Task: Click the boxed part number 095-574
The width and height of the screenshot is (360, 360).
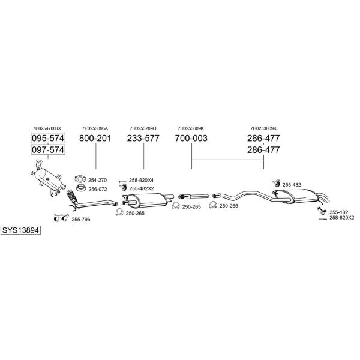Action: click(x=48, y=138)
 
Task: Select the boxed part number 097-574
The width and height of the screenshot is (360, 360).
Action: click(x=48, y=150)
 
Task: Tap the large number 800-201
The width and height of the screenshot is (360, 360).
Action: click(x=95, y=138)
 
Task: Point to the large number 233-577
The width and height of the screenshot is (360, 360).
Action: click(x=143, y=138)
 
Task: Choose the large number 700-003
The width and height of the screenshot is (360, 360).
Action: click(x=191, y=138)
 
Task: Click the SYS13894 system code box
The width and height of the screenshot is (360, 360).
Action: click(x=20, y=230)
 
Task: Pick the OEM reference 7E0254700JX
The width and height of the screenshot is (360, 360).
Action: click(x=47, y=128)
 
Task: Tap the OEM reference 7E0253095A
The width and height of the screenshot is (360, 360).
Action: click(x=95, y=128)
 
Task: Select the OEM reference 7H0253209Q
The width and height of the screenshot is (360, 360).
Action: click(x=143, y=128)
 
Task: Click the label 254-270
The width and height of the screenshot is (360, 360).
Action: click(x=97, y=180)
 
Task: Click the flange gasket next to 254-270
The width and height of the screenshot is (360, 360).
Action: click(x=80, y=179)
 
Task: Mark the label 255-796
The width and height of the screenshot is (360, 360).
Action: click(x=81, y=220)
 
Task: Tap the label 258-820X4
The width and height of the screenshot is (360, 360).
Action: click(x=141, y=180)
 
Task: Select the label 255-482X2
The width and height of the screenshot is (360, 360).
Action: click(x=142, y=189)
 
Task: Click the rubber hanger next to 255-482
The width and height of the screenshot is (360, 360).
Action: click(x=276, y=184)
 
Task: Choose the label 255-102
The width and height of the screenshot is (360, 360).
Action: click(x=339, y=212)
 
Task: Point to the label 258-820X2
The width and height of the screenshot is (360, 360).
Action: click(x=342, y=218)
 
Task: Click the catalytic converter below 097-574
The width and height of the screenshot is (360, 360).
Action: click(x=49, y=178)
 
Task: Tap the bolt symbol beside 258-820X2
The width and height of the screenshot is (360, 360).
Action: click(x=323, y=219)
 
